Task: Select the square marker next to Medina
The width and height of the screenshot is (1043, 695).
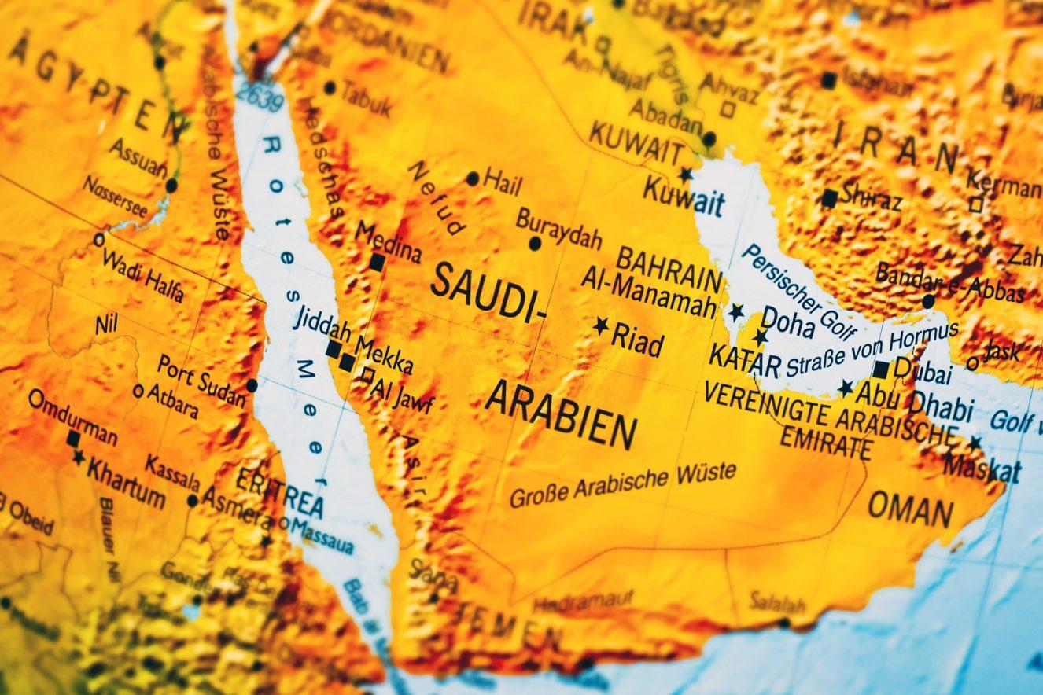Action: (378, 262)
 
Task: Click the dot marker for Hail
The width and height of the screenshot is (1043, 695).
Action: (473, 178)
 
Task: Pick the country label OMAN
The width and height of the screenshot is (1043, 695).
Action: (910, 509)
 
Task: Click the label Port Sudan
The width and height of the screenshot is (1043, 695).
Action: (201, 380)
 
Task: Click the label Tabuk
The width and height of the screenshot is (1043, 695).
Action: (365, 101)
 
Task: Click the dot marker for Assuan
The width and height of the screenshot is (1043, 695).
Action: (171, 186)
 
